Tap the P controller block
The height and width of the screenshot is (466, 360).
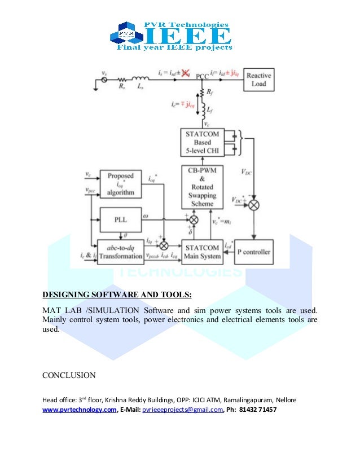coord(253,252)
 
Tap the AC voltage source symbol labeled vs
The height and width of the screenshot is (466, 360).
coord(104,81)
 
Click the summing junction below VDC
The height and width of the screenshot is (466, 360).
coord(253,205)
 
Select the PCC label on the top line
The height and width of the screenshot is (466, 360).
coord(202,75)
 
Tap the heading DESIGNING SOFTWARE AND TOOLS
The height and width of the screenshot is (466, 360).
coord(117,294)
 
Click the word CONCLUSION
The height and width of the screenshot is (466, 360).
coord(69,375)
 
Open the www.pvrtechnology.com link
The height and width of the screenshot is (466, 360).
coord(80,410)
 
